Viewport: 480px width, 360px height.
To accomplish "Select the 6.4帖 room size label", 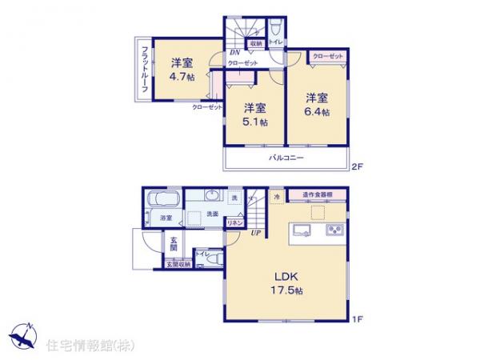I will point(316,111).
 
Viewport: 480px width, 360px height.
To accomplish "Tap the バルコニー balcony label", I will point(286,159).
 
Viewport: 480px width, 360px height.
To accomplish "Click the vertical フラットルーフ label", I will point(145,68).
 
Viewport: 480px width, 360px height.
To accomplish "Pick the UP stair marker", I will point(254,233).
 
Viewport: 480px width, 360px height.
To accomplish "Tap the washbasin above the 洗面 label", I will point(212,197).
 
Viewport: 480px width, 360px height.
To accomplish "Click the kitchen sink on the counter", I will point(300,232).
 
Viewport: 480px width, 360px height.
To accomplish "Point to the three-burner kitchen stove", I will point(333,232).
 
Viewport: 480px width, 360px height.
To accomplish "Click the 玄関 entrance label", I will point(174,242).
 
